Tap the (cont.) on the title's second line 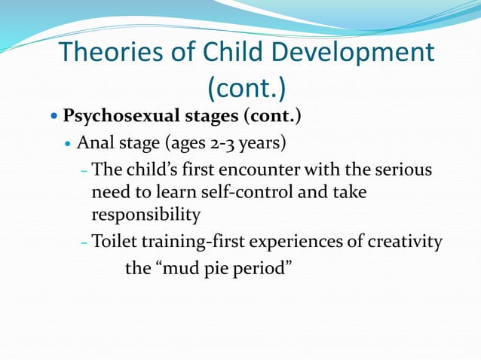247,89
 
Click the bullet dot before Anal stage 69,143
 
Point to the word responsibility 146,215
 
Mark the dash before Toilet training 84,243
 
